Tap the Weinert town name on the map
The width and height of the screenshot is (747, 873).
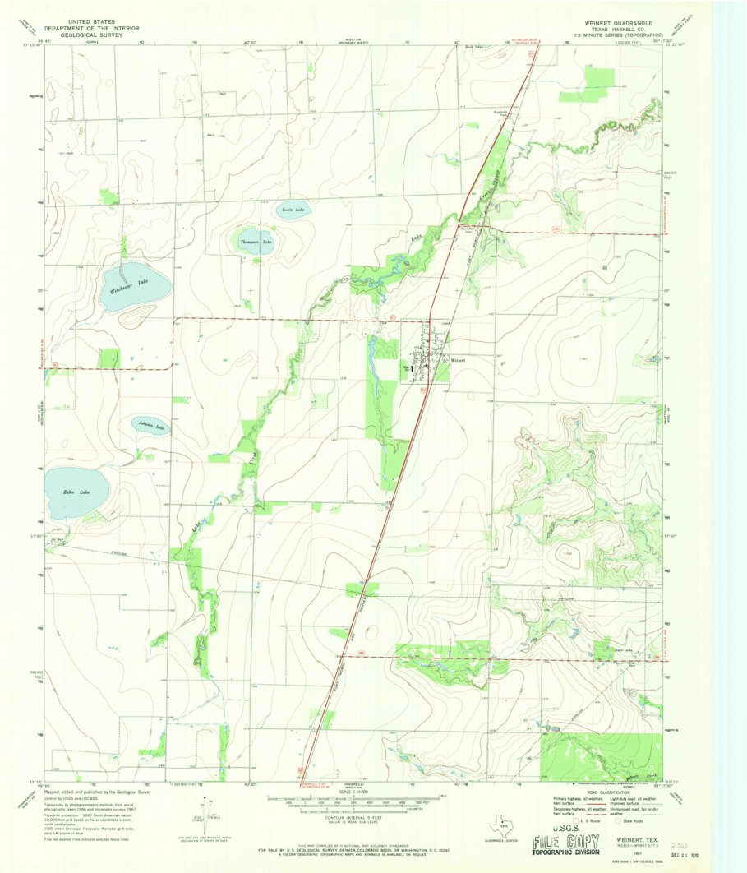coord(458,360)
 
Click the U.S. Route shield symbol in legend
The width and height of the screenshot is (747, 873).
coord(576,820)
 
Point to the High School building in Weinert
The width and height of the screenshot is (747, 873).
coord(408,372)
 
